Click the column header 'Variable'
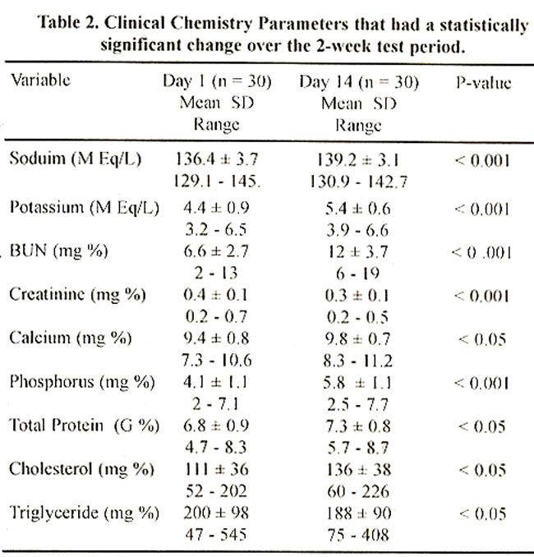(40, 80)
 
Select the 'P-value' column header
(483, 83)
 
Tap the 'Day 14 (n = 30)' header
(359, 82)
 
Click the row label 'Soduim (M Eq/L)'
(76, 159)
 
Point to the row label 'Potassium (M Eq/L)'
(84, 208)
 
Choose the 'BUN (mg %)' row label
(58, 251)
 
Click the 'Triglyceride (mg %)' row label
(84, 513)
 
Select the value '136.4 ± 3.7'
(217, 159)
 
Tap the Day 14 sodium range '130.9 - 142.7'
(358, 182)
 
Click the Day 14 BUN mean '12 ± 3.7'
(357, 252)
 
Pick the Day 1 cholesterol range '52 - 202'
(216, 491)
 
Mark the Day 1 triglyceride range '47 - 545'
(216, 535)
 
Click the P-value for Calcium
(482, 340)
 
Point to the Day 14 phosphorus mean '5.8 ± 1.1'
(357, 384)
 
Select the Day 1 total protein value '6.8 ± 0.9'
(216, 426)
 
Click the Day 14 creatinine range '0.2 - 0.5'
(357, 318)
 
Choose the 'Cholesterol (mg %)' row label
(81, 469)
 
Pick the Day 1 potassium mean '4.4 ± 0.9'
(216, 208)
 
